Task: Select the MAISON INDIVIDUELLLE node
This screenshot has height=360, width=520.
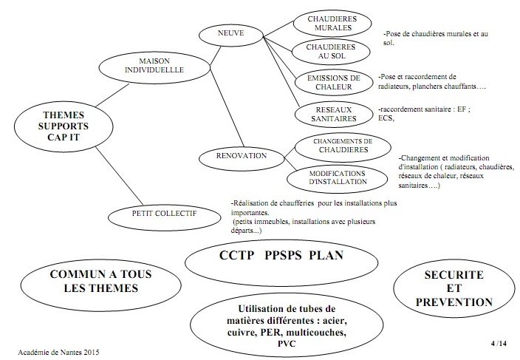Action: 161,65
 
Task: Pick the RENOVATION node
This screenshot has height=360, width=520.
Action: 232,156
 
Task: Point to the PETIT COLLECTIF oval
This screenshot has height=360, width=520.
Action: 163,215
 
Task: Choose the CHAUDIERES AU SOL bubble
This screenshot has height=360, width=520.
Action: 331,52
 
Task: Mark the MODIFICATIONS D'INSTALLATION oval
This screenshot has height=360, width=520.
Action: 337,177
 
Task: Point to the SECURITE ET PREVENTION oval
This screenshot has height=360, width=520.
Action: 454,288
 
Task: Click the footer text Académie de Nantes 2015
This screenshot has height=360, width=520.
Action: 57,352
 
